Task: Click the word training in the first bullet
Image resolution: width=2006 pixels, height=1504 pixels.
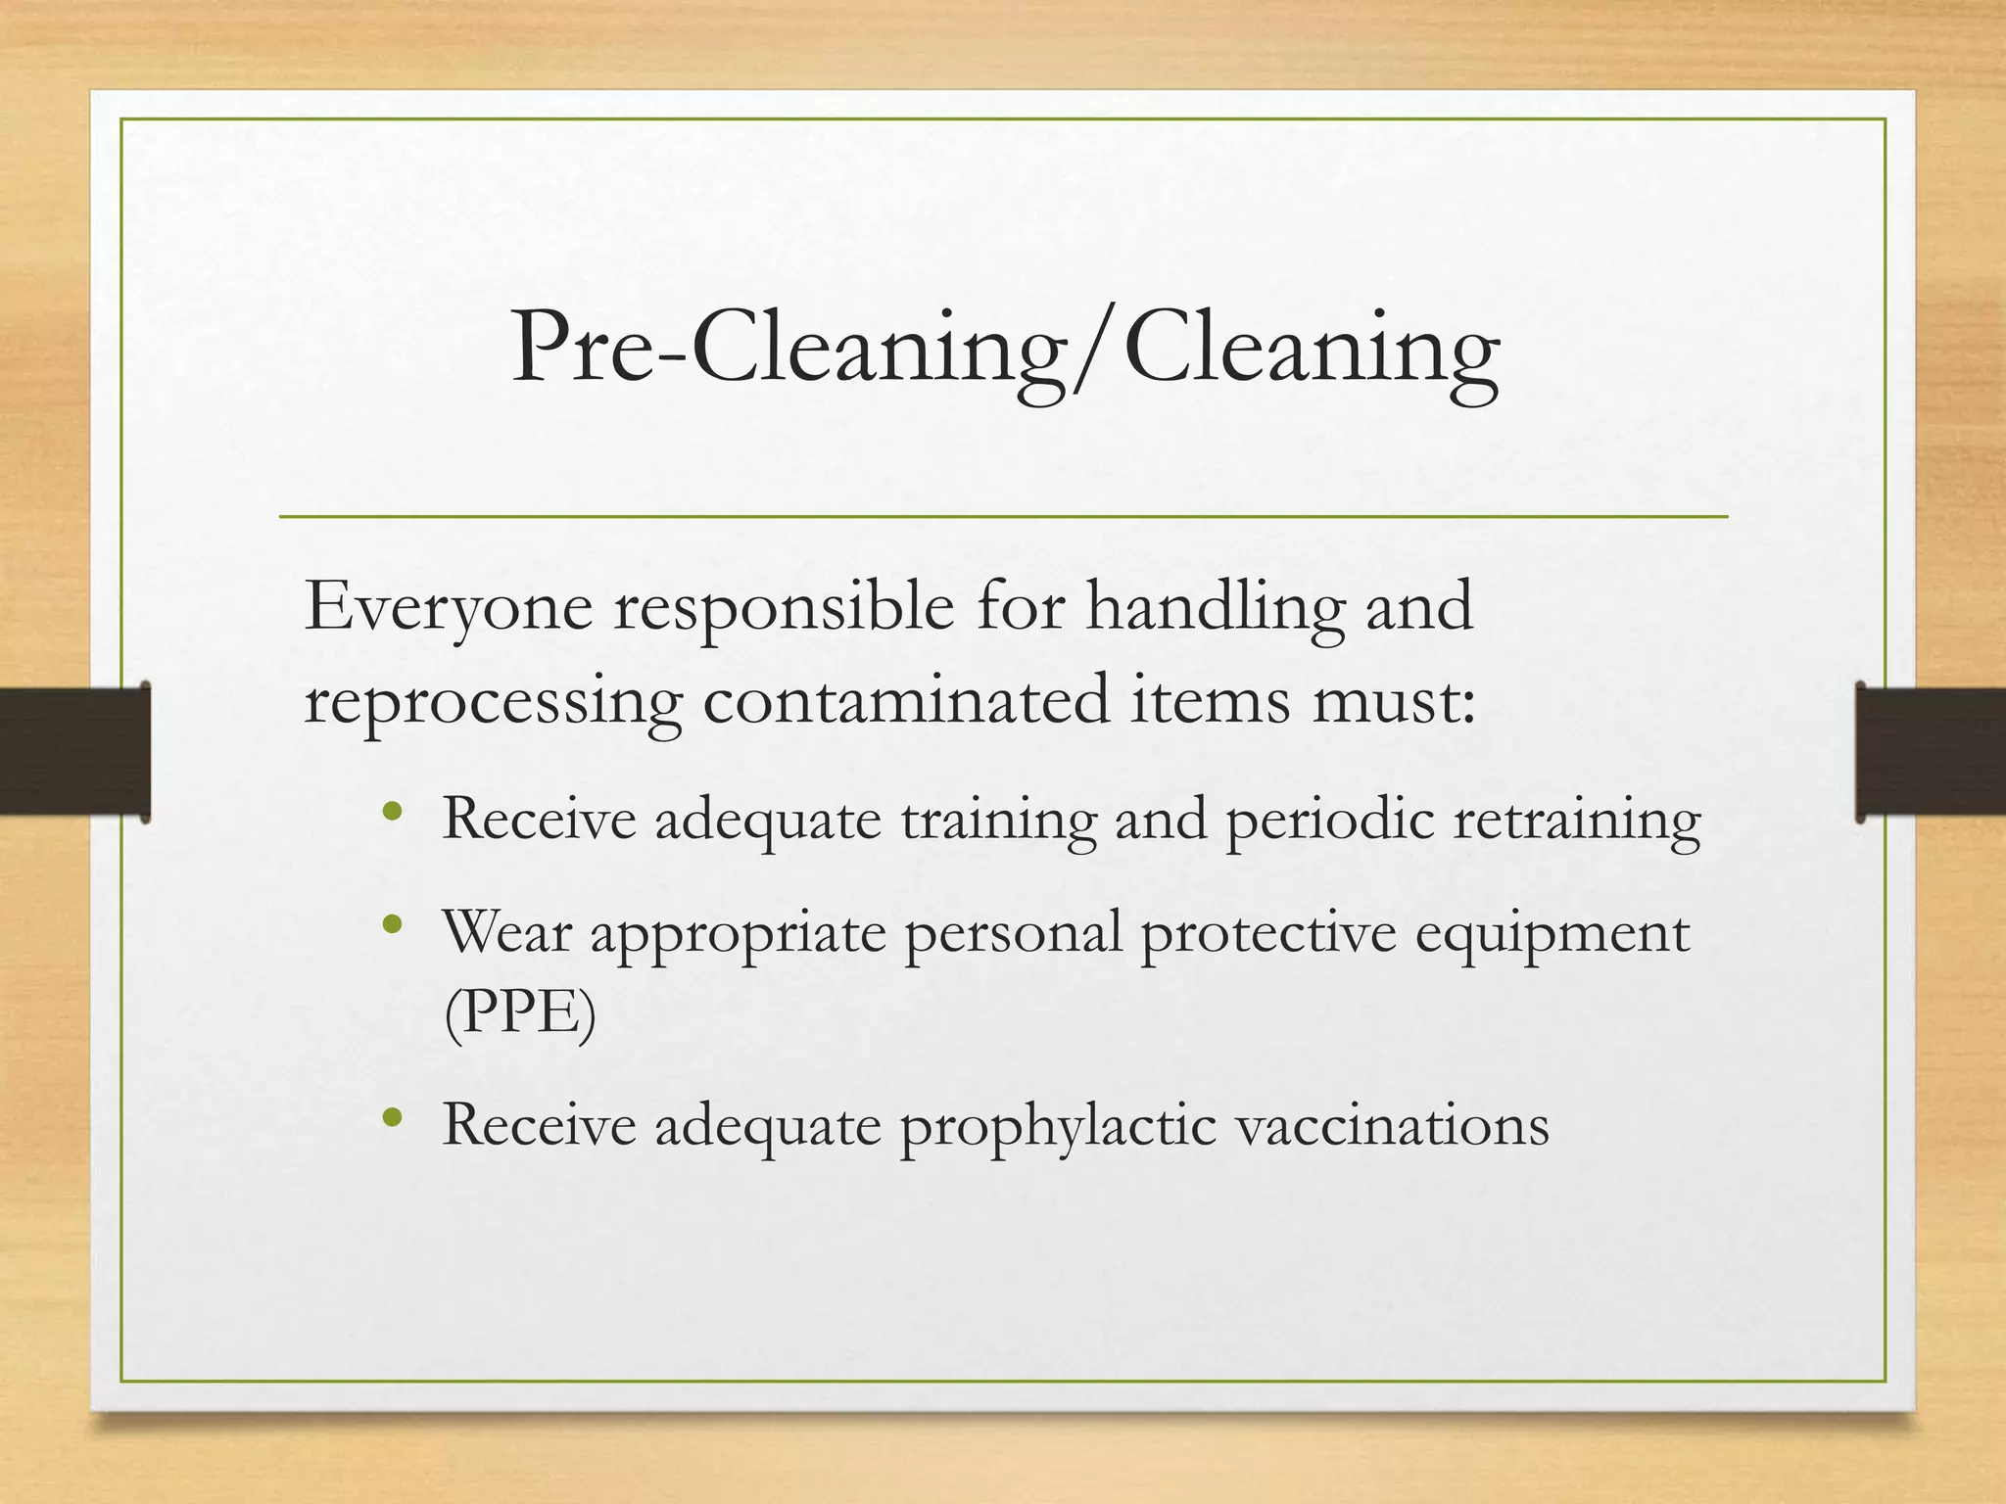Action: (998, 821)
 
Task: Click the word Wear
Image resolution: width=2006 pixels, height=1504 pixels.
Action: (506, 931)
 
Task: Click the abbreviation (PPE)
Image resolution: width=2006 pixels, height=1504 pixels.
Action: (519, 1014)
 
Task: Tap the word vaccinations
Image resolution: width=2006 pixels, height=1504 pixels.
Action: (1392, 1125)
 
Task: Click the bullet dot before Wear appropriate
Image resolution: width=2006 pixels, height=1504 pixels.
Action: (394, 924)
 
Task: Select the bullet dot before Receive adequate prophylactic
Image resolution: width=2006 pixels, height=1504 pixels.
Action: (394, 1117)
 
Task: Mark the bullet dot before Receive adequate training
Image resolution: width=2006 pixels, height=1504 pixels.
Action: (394, 811)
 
